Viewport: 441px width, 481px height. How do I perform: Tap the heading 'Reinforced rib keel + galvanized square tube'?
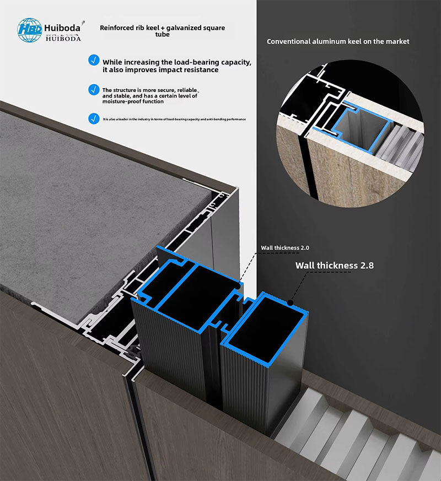(162, 31)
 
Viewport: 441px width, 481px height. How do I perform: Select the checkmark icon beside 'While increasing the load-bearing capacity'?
(94, 60)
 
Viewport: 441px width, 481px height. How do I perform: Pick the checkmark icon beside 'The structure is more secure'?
(94, 89)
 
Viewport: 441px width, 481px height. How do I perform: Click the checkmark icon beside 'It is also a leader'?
(94, 118)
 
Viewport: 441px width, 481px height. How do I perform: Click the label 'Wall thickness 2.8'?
(334, 266)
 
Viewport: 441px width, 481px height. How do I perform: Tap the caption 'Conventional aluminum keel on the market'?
(337, 41)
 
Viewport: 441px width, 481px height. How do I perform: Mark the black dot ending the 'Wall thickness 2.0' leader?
(239, 284)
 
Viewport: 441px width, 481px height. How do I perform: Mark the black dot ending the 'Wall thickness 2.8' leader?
(290, 300)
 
